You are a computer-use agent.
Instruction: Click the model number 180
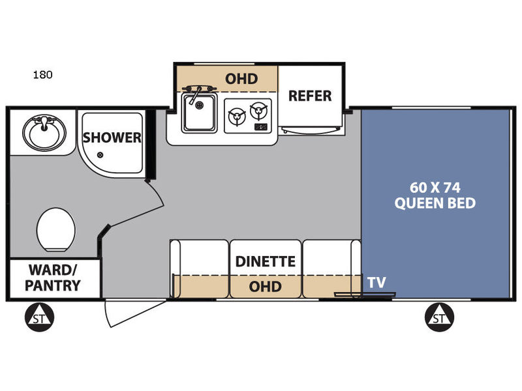pos(43,74)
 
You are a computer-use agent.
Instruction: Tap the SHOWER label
pos(112,138)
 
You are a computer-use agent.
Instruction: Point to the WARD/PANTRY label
pos(54,278)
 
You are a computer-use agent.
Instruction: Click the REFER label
pos(310,96)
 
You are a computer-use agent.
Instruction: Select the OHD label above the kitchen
pos(241,79)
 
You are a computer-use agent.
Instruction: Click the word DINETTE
pos(266,262)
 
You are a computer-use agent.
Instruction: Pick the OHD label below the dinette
pos(266,286)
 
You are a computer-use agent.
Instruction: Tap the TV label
pos(376,282)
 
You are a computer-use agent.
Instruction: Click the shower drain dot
pos(100,155)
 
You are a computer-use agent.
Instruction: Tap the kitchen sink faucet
pos(194,91)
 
